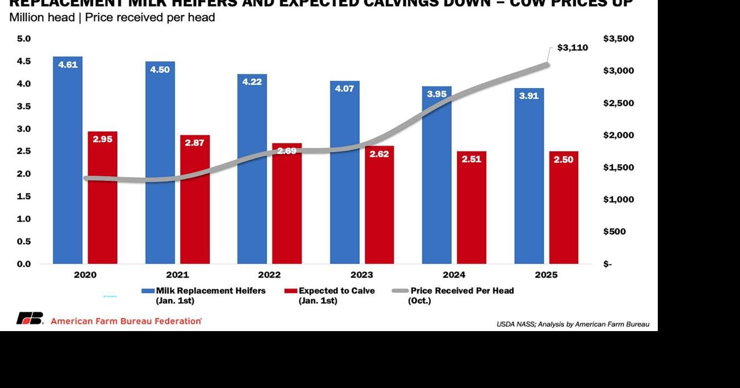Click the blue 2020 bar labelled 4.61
(67, 164)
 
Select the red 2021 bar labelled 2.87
(195, 208)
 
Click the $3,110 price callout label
(572, 48)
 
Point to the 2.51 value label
(471, 159)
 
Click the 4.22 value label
(252, 82)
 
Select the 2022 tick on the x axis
(269, 275)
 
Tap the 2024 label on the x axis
(454, 275)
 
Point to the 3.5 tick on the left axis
(24, 106)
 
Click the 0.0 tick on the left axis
(24, 264)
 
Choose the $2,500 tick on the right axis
(618, 103)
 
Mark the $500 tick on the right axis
(614, 231)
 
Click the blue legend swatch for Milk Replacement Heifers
(148, 291)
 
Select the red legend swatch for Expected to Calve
(291, 291)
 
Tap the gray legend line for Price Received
(400, 291)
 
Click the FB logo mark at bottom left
(30, 318)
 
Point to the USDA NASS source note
(573, 324)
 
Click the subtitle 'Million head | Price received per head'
(112, 18)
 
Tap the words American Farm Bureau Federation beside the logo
(126, 321)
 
